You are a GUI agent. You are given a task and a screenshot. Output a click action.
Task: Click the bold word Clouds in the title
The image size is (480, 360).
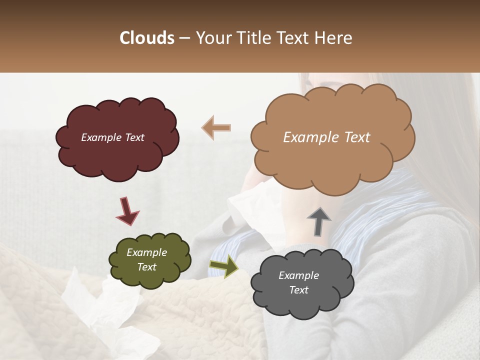[147, 38]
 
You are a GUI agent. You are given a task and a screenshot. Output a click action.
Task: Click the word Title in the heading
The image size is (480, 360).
[252, 38]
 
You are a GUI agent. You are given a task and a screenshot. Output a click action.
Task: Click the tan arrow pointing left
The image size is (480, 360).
[216, 127]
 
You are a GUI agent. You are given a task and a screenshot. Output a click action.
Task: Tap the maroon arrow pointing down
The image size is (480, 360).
[127, 210]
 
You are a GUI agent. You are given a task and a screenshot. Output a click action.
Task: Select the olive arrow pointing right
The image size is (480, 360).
[223, 265]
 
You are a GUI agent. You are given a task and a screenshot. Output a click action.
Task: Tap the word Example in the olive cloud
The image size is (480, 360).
[146, 252]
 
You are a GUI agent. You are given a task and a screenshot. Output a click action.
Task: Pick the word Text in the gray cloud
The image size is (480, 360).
[298, 290]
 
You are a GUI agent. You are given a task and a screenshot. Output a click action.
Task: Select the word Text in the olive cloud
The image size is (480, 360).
[146, 267]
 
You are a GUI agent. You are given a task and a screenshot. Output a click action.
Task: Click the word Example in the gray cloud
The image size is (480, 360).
[298, 275]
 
